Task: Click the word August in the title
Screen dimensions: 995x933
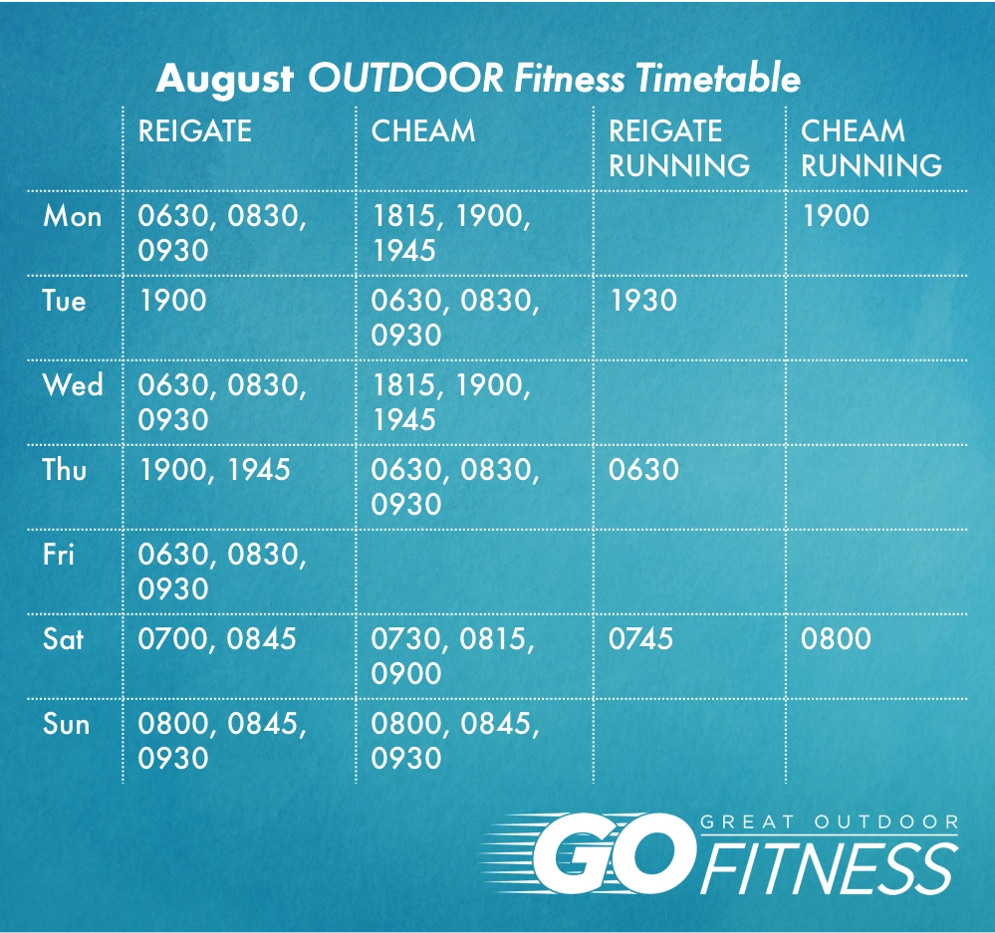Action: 225,80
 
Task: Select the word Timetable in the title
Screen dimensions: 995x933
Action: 718,78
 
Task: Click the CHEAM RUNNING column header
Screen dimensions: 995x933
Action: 871,147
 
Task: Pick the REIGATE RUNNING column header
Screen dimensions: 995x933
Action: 679,147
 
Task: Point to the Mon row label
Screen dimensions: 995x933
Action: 73,216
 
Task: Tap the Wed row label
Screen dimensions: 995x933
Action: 73,385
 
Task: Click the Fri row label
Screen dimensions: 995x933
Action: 59,554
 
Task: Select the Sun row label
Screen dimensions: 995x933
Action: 66,724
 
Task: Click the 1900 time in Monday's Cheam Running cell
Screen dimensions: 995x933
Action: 836,216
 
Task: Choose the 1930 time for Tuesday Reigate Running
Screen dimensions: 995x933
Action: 643,301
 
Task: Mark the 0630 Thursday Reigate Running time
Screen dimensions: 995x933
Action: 643,470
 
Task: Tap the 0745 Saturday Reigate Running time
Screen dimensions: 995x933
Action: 640,638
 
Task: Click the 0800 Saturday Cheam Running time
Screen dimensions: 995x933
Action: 836,638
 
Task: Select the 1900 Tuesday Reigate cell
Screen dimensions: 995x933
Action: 172,301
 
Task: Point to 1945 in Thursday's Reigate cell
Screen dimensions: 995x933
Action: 258,470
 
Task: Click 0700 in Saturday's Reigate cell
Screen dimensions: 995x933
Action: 172,638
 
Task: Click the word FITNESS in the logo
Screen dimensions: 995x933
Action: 829,869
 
